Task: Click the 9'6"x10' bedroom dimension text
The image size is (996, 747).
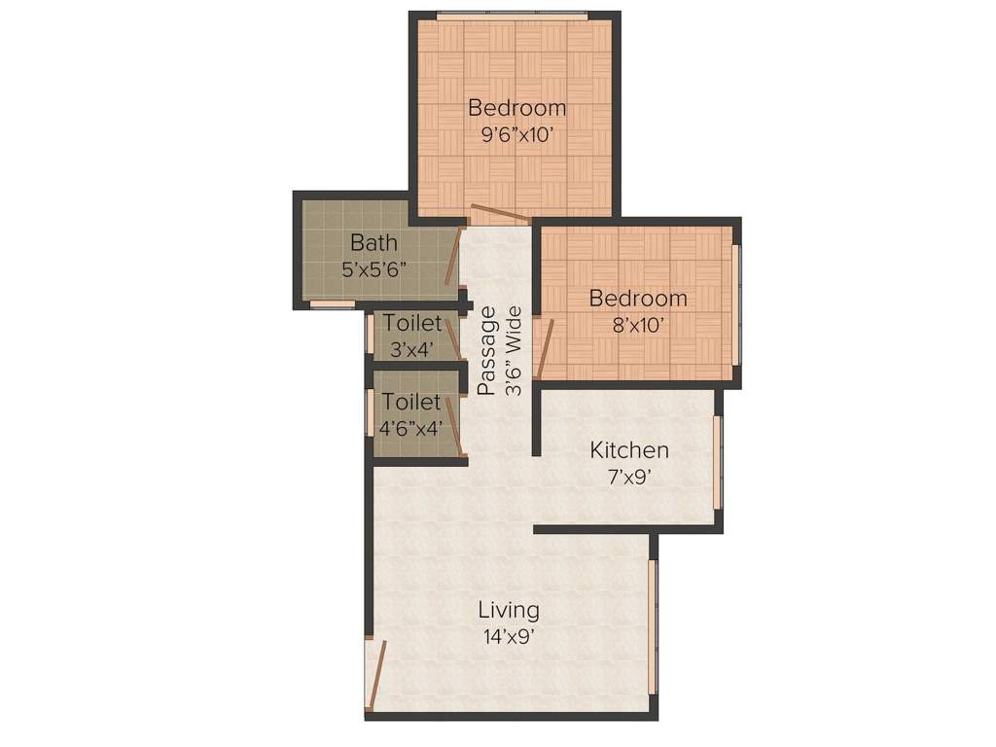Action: [x=516, y=135]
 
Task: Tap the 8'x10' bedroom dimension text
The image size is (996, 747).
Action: [x=638, y=326]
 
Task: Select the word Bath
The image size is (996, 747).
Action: [x=373, y=242]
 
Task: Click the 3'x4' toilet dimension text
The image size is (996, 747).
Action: [x=411, y=349]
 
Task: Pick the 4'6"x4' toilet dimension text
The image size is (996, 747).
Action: [x=411, y=427]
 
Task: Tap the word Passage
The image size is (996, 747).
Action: [x=487, y=350]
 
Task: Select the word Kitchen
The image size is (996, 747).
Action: [x=629, y=450]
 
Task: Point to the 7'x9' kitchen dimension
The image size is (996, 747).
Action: [x=629, y=478]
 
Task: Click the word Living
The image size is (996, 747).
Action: [x=508, y=611]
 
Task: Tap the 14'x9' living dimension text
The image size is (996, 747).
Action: [x=508, y=637]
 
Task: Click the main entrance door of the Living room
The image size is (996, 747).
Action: [x=374, y=673]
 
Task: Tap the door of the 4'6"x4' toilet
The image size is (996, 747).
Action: [x=453, y=425]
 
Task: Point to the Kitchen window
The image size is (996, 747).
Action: [x=718, y=462]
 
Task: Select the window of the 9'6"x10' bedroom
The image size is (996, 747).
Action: [x=513, y=16]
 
